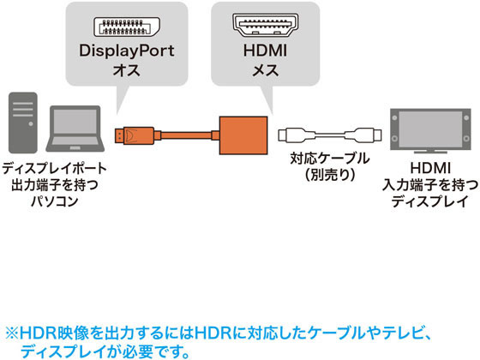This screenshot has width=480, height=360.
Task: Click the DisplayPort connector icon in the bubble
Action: coord(127,27)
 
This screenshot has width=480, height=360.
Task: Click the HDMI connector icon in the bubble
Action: coord(265,25)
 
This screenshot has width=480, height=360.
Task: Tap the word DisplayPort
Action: coord(127,51)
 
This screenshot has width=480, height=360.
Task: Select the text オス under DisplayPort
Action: coord(127,70)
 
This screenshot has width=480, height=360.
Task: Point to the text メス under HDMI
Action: coord(265,70)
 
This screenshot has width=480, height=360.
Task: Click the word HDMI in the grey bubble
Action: coord(265,51)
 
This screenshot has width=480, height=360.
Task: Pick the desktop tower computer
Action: coord(23,123)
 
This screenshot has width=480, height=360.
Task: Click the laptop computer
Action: coord(75,129)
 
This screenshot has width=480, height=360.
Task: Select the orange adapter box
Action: coord(243,135)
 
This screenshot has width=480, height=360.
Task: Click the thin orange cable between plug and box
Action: coord(186,135)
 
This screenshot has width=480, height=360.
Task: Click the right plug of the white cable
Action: coord(363,135)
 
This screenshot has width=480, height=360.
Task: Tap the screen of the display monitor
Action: coord(430,129)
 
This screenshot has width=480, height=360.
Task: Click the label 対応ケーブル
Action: coord(330,159)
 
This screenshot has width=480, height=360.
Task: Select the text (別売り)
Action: coord(330,175)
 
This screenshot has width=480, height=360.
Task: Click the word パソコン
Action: coord(55,201)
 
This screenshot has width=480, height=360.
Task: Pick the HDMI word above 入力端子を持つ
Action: coord(430,168)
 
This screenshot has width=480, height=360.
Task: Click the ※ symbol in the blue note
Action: coord(12,333)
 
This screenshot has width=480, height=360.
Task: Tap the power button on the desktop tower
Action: coord(31,123)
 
